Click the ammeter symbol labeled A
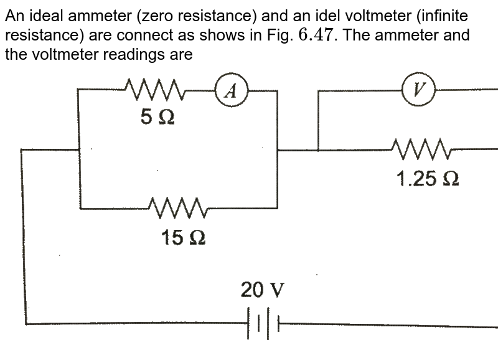pos(231,91)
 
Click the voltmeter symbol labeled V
pos(418,89)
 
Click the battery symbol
pos(263,324)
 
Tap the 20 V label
pos(263,290)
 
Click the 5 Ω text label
pos(157,118)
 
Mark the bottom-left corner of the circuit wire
pos(26,324)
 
